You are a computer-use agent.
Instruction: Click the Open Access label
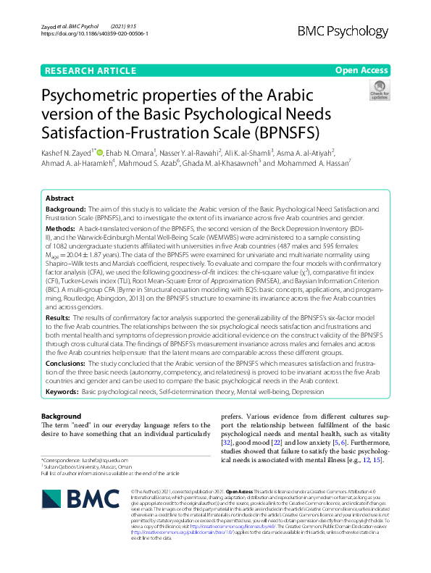(362, 70)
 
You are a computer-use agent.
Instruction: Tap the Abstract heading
(59, 198)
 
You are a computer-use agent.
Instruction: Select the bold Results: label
(58, 317)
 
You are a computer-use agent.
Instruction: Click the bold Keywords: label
(62, 391)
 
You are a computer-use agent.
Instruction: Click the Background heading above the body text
(61, 417)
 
